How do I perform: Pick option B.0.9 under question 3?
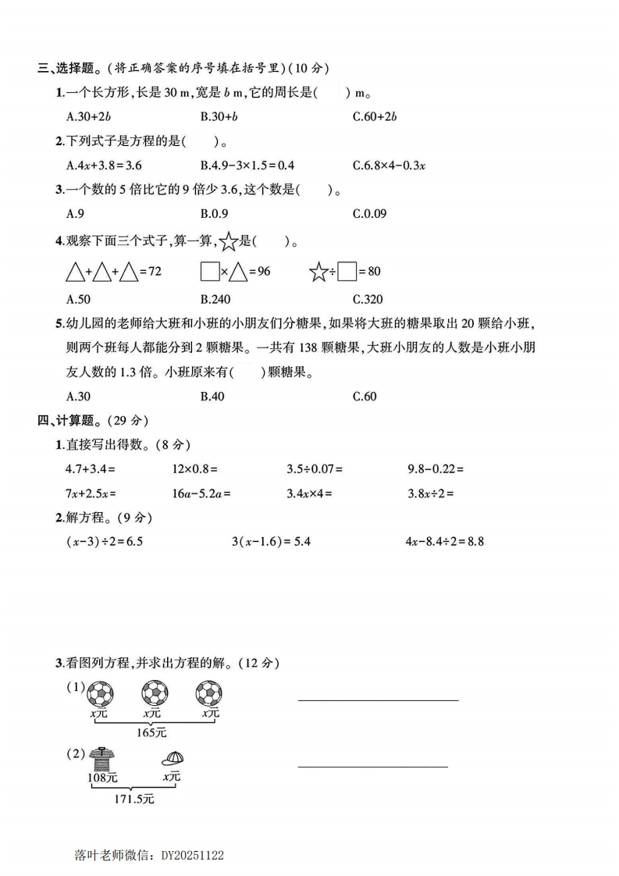click(x=215, y=213)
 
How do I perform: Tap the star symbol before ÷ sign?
click(x=318, y=272)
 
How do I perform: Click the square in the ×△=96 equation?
click(x=209, y=272)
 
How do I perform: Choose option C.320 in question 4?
click(x=368, y=298)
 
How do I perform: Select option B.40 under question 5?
click(x=212, y=396)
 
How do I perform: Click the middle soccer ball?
click(x=154, y=693)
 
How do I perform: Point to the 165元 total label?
click(x=151, y=732)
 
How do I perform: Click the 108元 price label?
click(x=101, y=777)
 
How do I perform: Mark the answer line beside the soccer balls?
click(x=378, y=700)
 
